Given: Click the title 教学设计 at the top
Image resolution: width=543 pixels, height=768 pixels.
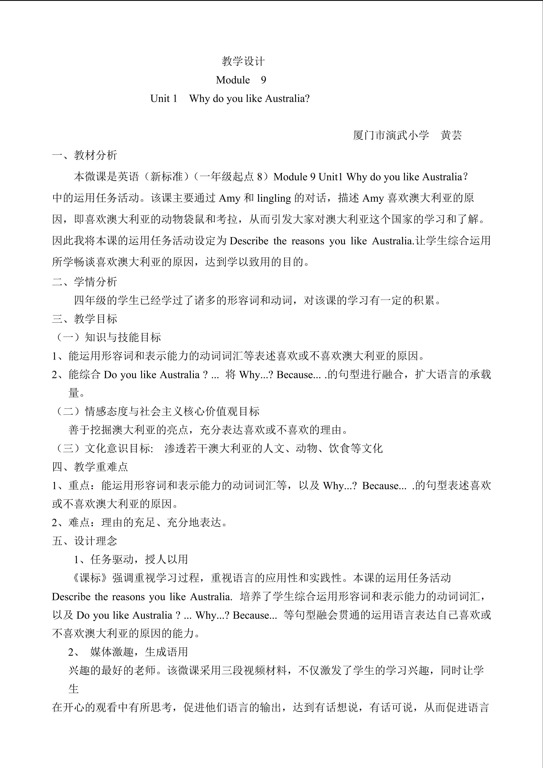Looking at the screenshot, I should [243, 61].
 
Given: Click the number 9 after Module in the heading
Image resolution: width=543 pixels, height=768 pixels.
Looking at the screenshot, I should [263, 80].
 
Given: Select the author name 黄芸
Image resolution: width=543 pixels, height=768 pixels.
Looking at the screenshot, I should [451, 135].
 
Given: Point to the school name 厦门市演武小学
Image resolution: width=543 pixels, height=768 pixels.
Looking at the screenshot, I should [391, 135].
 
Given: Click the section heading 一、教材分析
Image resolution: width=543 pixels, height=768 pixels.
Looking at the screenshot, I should [85, 155].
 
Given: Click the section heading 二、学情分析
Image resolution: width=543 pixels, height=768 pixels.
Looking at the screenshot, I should [85, 282].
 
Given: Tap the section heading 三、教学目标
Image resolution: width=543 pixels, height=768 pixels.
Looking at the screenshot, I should [85, 319].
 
